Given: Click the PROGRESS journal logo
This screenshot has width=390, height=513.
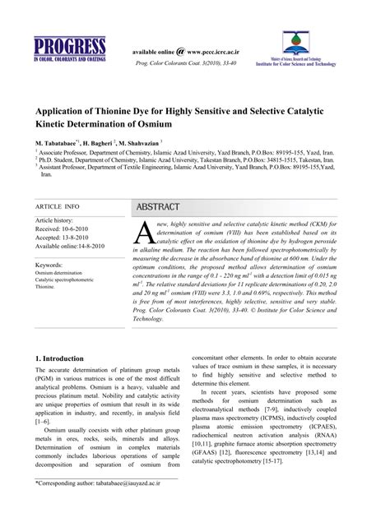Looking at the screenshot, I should pos(69,51).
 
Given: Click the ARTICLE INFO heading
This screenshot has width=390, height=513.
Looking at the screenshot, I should pos(57,206).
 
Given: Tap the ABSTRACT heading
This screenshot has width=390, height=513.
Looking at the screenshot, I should pos(159,206).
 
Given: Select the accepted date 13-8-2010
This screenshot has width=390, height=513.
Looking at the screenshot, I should pos(78,238).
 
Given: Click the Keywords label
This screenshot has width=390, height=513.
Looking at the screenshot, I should pos(50,266).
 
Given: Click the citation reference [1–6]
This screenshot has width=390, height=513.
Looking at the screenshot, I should pos(42,420).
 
